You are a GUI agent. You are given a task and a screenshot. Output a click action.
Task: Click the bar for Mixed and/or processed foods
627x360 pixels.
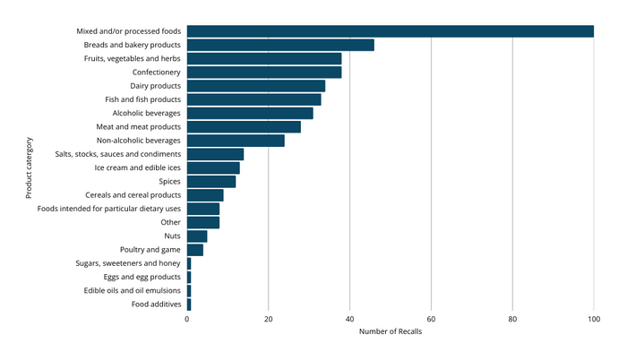coord(391,31)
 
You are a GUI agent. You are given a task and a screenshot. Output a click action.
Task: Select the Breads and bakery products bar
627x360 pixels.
coord(280,45)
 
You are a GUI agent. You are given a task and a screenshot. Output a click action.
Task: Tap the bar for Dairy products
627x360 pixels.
coord(256,86)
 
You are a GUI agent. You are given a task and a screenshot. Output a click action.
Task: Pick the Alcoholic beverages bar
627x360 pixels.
coord(250,113)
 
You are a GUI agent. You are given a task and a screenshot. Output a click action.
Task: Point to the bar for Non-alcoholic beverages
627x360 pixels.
coord(236,141)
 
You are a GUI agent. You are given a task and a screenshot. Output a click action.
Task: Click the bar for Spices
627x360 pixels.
coord(211,182)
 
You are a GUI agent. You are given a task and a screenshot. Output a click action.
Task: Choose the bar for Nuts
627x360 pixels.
coord(197,236)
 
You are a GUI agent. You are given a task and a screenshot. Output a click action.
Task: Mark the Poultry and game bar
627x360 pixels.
coord(195,250)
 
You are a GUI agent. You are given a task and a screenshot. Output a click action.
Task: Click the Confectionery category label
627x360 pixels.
coord(156,72)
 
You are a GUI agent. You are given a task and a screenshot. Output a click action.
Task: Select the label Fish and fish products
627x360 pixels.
coord(143,99)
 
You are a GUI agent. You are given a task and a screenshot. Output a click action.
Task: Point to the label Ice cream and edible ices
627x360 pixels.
coord(137,167)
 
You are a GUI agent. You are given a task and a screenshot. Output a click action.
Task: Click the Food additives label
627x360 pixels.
coord(156,304)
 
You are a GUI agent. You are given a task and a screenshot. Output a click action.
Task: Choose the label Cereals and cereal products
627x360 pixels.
coord(133,195)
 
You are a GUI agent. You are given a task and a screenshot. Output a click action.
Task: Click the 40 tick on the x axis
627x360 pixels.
coord(349,318)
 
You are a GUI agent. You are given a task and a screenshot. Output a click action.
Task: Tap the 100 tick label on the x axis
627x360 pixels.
coord(593,318)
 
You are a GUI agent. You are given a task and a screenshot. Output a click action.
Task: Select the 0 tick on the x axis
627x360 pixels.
coord(187,318)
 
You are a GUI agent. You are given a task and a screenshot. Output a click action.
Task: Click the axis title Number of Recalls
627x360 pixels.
coord(390,332)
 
